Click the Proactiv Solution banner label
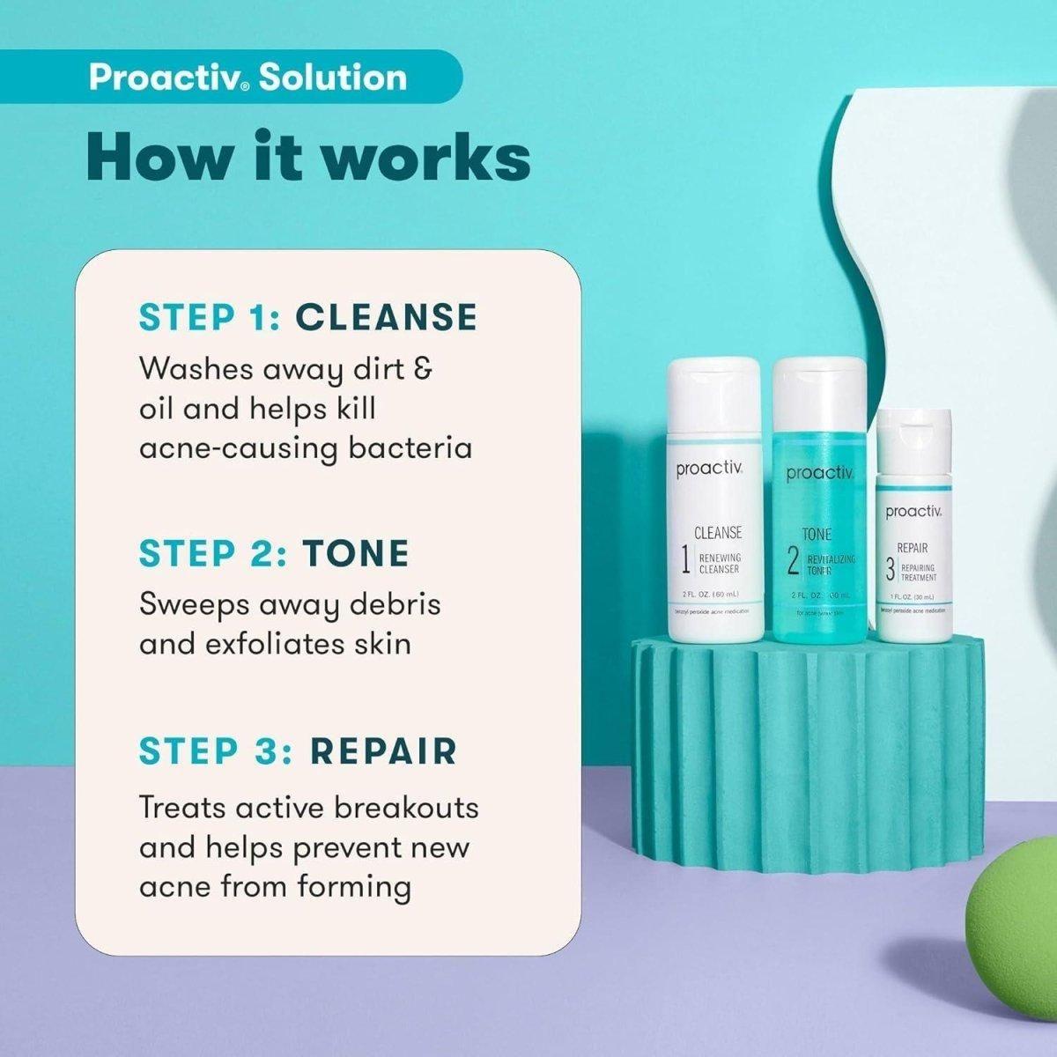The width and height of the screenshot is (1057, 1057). pyautogui.click(x=248, y=78)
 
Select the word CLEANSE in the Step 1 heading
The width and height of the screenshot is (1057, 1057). pyautogui.click(x=386, y=317)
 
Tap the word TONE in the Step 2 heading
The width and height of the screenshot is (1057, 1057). pyautogui.click(x=356, y=553)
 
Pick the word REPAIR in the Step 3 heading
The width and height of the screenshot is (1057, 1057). pyautogui.click(x=383, y=751)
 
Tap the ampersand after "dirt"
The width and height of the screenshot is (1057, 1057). pyautogui.click(x=422, y=368)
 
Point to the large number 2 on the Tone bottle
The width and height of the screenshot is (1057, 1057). pyautogui.click(x=793, y=562)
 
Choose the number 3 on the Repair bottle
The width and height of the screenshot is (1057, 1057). pyautogui.click(x=890, y=571)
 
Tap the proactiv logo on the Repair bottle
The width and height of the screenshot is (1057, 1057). pyautogui.click(x=914, y=511)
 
